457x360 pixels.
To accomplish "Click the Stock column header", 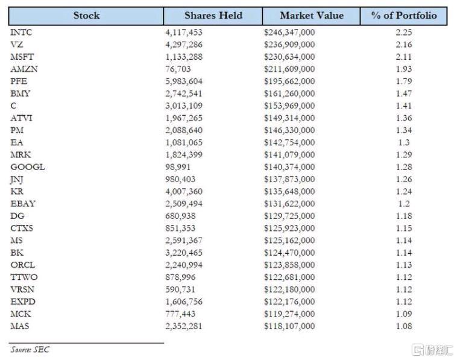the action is tap(86, 16).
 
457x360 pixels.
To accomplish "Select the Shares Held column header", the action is tap(213, 16).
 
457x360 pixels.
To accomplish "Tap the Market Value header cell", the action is tap(312, 16).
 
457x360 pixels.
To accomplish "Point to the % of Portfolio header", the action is tap(404, 16).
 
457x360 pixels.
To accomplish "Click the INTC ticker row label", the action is tap(21, 32).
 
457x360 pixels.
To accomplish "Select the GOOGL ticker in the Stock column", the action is tap(28, 167).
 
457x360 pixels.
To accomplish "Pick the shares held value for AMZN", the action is tap(178, 69).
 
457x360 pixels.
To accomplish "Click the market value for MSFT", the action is tap(289, 57).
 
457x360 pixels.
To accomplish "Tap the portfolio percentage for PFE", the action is tap(404, 81).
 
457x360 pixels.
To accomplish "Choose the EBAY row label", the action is tap(23, 203).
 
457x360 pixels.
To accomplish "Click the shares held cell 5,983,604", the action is tap(184, 81).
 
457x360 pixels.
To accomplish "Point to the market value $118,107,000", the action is tap(289, 326).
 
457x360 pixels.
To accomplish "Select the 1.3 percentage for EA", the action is tap(404, 142).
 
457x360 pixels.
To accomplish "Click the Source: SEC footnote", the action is tap(30, 349).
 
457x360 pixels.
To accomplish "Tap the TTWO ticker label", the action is tap(24, 277).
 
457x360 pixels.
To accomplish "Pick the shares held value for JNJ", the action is tap(180, 179).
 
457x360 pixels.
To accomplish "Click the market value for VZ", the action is tap(289, 44).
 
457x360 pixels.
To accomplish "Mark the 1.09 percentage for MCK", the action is tap(404, 314).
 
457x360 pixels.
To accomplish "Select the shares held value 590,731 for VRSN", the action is tap(180, 289).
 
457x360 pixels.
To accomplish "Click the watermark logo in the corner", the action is tap(432, 350).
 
